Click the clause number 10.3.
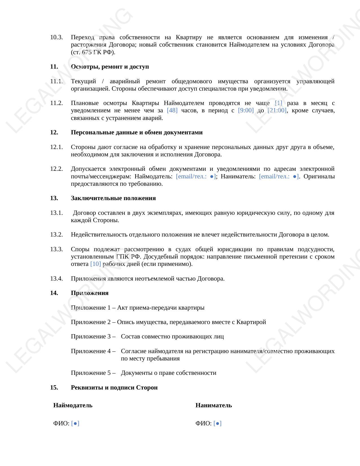pyautogui.click(x=56, y=37)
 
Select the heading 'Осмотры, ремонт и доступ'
pyautogui.click(x=110, y=67)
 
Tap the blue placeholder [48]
pyautogui.click(x=172, y=110)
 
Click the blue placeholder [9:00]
pyautogui.click(x=246, y=110)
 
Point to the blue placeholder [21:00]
pyautogui.click(x=277, y=110)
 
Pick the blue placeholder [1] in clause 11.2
pyautogui.click(x=278, y=103)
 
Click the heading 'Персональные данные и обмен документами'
pyautogui.click(x=137, y=132)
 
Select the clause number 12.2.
pyautogui.click(x=56, y=169)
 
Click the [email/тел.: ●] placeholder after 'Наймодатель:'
pyautogui.click(x=196, y=176)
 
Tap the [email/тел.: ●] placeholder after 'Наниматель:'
pyautogui.click(x=279, y=176)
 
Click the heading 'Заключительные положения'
pyautogui.click(x=113, y=198)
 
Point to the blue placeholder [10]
pyautogui.click(x=95, y=264)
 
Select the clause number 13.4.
pyautogui.click(x=56, y=279)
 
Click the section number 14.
pyautogui.click(x=54, y=293)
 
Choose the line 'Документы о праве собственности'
pyautogui.click(x=169, y=373)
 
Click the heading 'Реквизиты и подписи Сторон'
pyautogui.click(x=114, y=388)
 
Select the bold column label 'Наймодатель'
pyautogui.click(x=73, y=405)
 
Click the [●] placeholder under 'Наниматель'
pyautogui.click(x=217, y=423)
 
